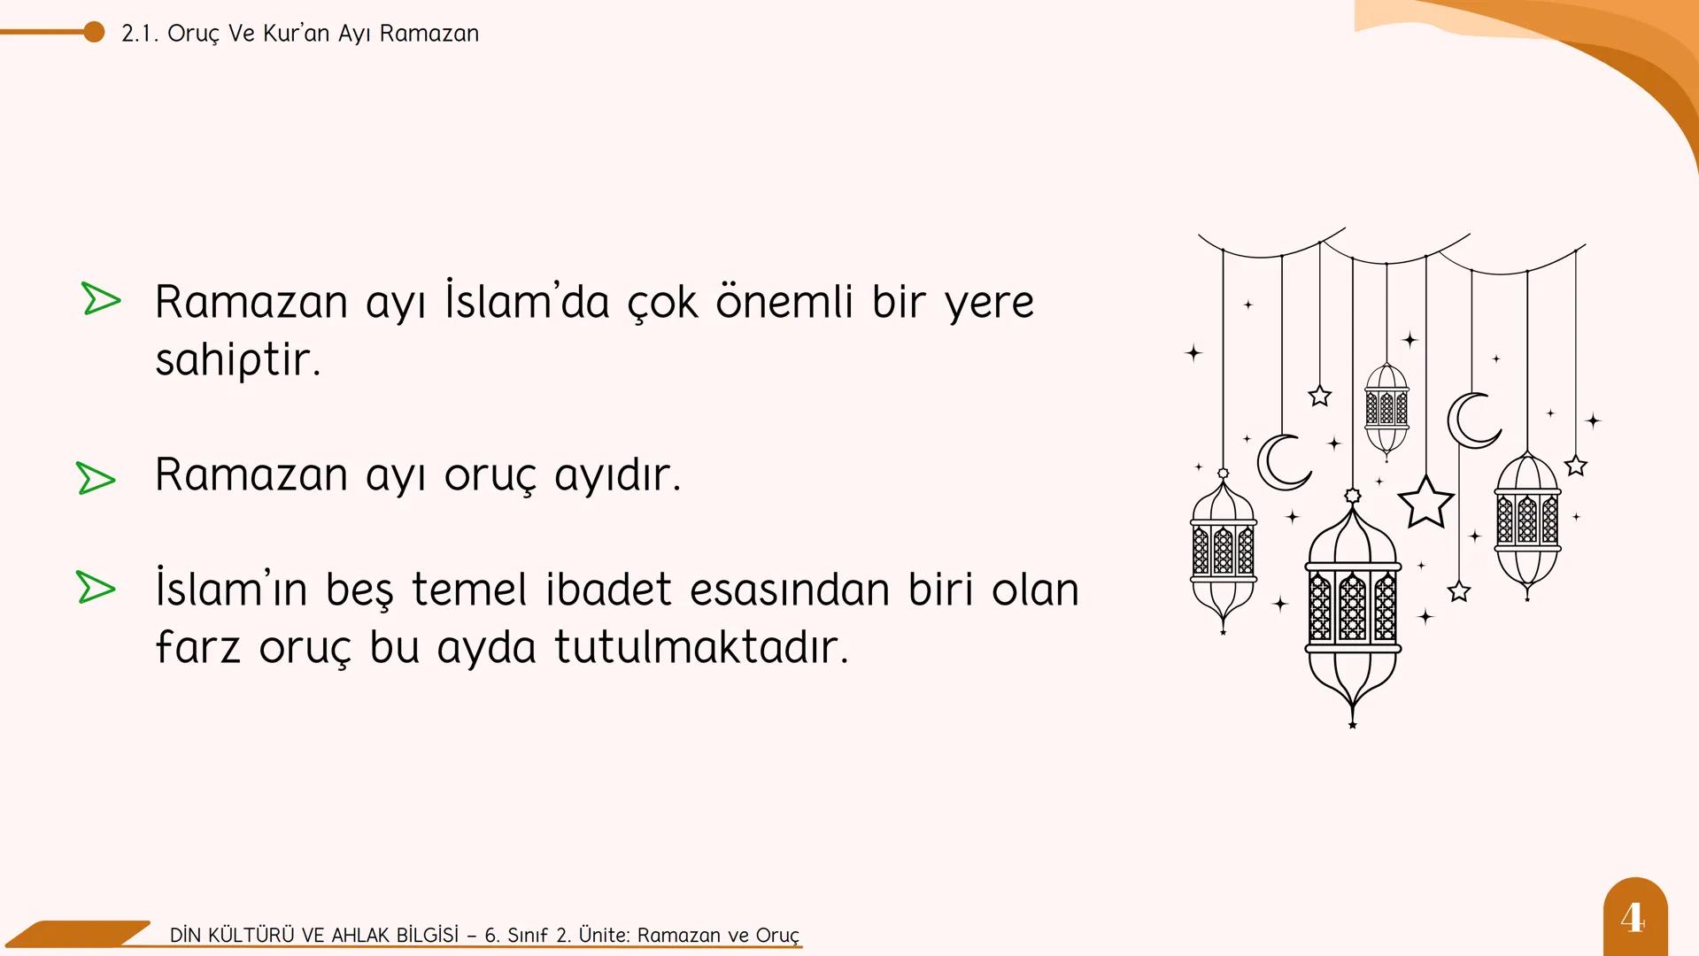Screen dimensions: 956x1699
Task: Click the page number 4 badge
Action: (x=1634, y=917)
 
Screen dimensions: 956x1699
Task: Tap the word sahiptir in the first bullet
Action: (x=237, y=359)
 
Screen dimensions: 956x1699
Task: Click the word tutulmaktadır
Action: (x=701, y=647)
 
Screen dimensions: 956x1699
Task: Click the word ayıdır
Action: (x=617, y=475)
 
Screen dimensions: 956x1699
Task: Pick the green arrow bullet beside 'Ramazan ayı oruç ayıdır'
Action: (x=96, y=478)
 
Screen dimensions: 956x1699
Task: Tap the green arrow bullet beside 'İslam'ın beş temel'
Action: (x=96, y=588)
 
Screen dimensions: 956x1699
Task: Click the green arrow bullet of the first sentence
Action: (x=100, y=298)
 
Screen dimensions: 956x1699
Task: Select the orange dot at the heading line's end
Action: (x=94, y=33)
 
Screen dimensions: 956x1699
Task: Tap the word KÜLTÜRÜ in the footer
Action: (x=251, y=936)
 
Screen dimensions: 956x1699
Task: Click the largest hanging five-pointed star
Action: (x=1425, y=503)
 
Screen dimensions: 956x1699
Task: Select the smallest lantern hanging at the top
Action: (x=1386, y=408)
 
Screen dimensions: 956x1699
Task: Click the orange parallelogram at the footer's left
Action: (x=80, y=933)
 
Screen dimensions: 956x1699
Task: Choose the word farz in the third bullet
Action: (x=197, y=647)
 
